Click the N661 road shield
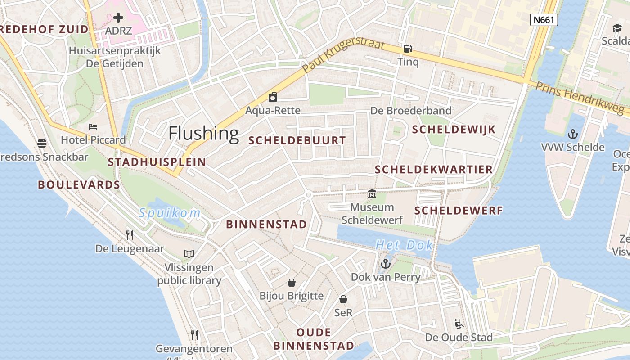[x=544, y=20]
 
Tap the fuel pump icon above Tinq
[x=408, y=48]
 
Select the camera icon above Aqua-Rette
[x=272, y=97]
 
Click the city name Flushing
[x=203, y=133]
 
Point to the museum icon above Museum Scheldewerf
[x=372, y=194]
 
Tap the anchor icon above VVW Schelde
[x=572, y=134]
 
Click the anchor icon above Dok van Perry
[x=386, y=264]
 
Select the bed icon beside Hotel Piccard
[x=93, y=126]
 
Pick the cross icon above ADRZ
[x=118, y=18]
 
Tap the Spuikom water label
[x=169, y=213]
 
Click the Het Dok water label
[x=404, y=245]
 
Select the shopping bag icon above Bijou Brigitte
[x=292, y=283]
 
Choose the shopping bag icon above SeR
[x=343, y=299]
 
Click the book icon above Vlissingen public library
[x=189, y=254]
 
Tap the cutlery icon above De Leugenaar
[x=130, y=235]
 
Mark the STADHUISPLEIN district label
[x=157, y=162]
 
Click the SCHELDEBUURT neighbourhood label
[x=297, y=140]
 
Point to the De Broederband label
[x=410, y=111]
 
